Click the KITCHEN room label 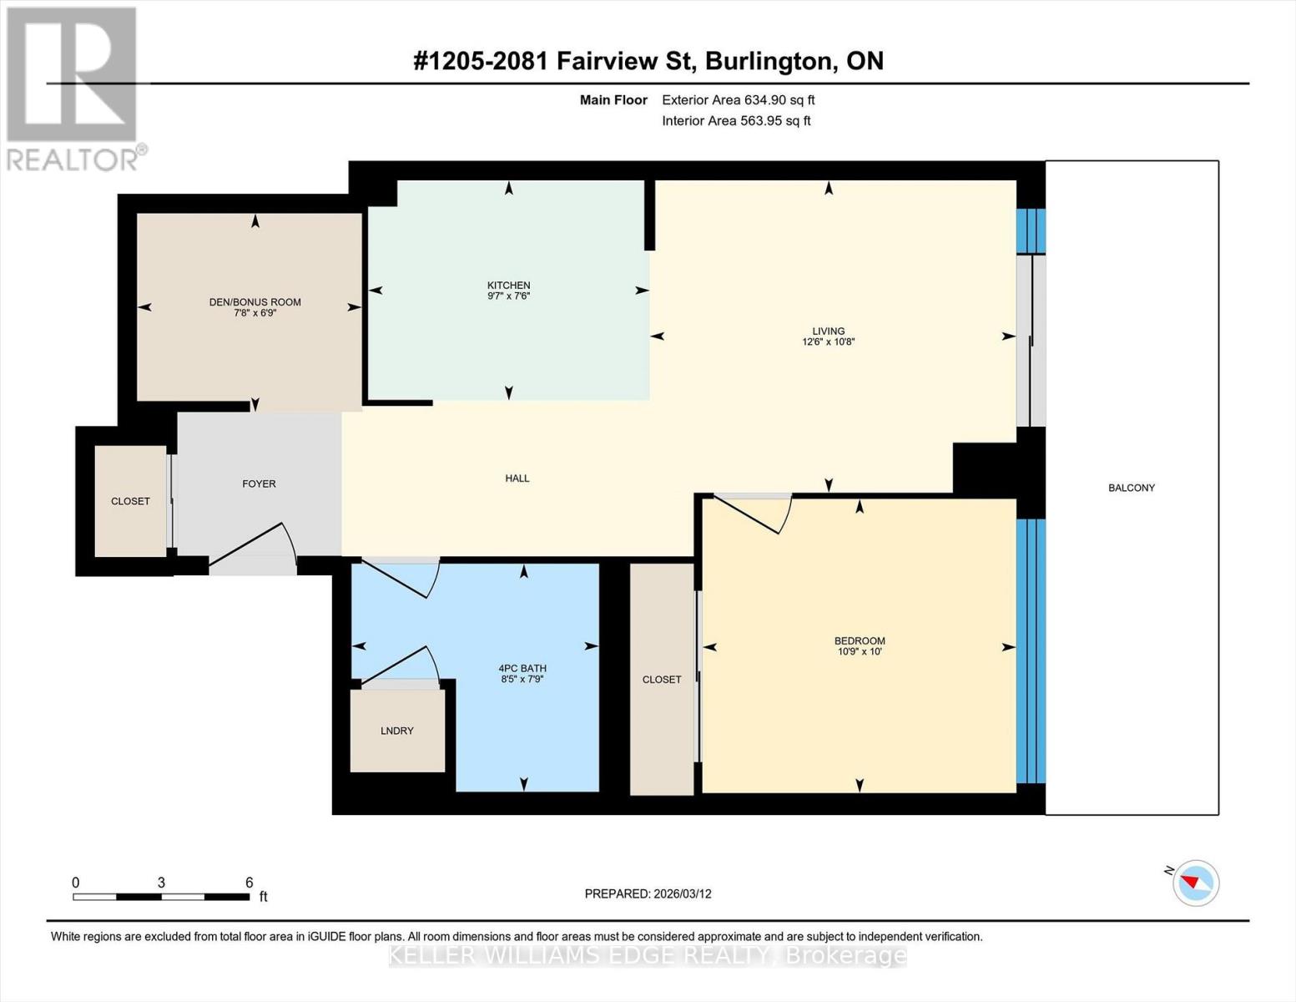pos(508,286)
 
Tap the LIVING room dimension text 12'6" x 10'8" pos(828,342)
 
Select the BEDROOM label pos(859,640)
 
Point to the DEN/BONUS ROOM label pos(255,302)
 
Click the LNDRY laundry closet pos(397,731)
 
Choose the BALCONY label pos(1131,488)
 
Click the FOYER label pos(259,483)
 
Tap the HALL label pos(517,478)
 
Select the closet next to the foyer pos(130,501)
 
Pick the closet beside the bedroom pos(661,680)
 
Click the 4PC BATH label pos(522,668)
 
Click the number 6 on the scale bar pos(249,883)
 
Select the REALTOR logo pos(73,88)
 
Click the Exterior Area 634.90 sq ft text pos(738,100)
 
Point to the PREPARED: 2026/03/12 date pos(648,893)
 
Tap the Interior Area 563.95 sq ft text pos(736,121)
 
